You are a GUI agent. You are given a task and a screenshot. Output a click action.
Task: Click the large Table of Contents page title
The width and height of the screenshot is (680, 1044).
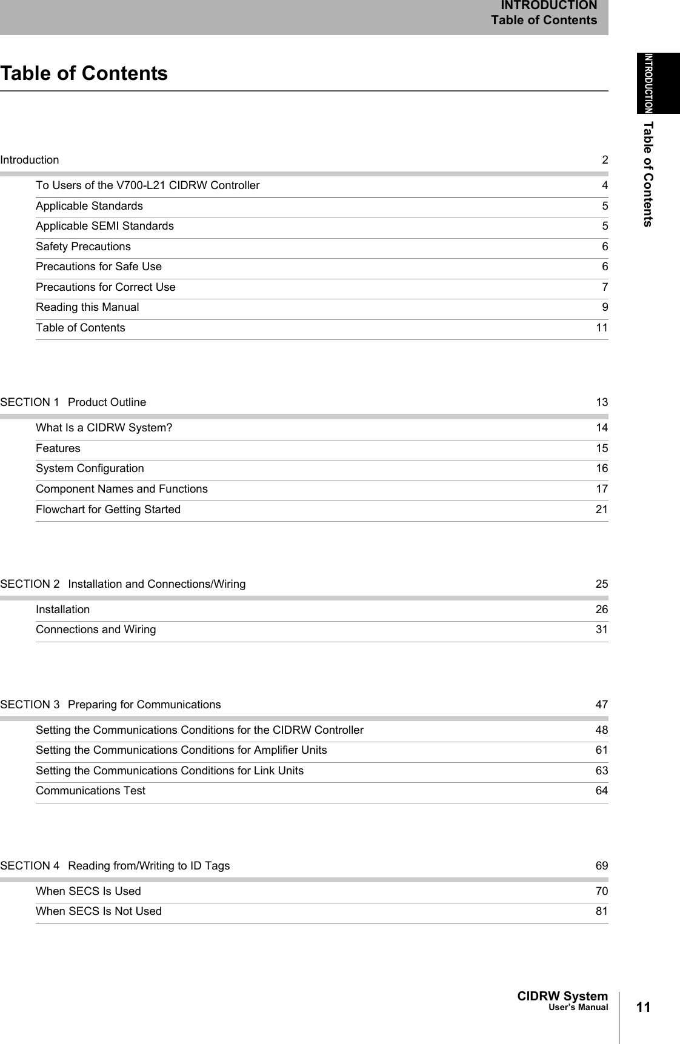[84, 73]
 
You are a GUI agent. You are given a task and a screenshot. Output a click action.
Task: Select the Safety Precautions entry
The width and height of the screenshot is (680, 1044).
[83, 247]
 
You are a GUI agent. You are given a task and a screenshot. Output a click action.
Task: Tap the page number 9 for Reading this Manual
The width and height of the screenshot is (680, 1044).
[605, 307]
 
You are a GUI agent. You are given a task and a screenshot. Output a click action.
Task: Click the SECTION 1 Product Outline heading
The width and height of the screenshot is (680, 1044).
[73, 402]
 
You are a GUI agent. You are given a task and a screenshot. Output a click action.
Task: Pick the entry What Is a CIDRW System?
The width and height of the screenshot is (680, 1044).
[104, 428]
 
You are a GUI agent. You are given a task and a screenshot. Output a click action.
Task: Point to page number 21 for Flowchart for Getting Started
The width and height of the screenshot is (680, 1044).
[601, 510]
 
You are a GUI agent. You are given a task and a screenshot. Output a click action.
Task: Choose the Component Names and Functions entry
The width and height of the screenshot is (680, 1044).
[121, 489]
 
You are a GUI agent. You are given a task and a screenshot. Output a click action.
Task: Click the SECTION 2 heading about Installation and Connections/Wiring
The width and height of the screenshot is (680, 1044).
[123, 584]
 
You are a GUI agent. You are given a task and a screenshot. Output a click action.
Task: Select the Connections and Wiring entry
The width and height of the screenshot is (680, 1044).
[96, 630]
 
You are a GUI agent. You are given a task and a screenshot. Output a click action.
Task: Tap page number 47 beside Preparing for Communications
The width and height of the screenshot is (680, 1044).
[601, 705]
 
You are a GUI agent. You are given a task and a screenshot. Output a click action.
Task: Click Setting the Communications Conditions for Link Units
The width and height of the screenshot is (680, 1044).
[170, 771]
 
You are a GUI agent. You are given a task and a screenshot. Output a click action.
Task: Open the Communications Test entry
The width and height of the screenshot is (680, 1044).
[90, 791]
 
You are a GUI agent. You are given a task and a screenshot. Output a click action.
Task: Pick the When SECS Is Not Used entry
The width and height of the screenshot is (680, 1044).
[99, 911]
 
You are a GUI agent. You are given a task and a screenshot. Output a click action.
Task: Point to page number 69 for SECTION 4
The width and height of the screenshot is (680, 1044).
[601, 866]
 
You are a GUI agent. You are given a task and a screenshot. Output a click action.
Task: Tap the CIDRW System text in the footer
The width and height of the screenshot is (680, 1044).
[562, 996]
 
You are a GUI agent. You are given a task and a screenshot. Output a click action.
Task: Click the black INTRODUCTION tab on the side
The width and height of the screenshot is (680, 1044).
[658, 83]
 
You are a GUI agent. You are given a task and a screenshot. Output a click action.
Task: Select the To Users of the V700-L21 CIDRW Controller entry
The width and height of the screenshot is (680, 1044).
[147, 185]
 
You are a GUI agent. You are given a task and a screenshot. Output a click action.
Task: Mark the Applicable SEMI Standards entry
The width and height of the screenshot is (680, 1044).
[104, 226]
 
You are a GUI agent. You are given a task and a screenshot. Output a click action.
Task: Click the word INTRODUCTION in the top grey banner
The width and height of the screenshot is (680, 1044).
[548, 6]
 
